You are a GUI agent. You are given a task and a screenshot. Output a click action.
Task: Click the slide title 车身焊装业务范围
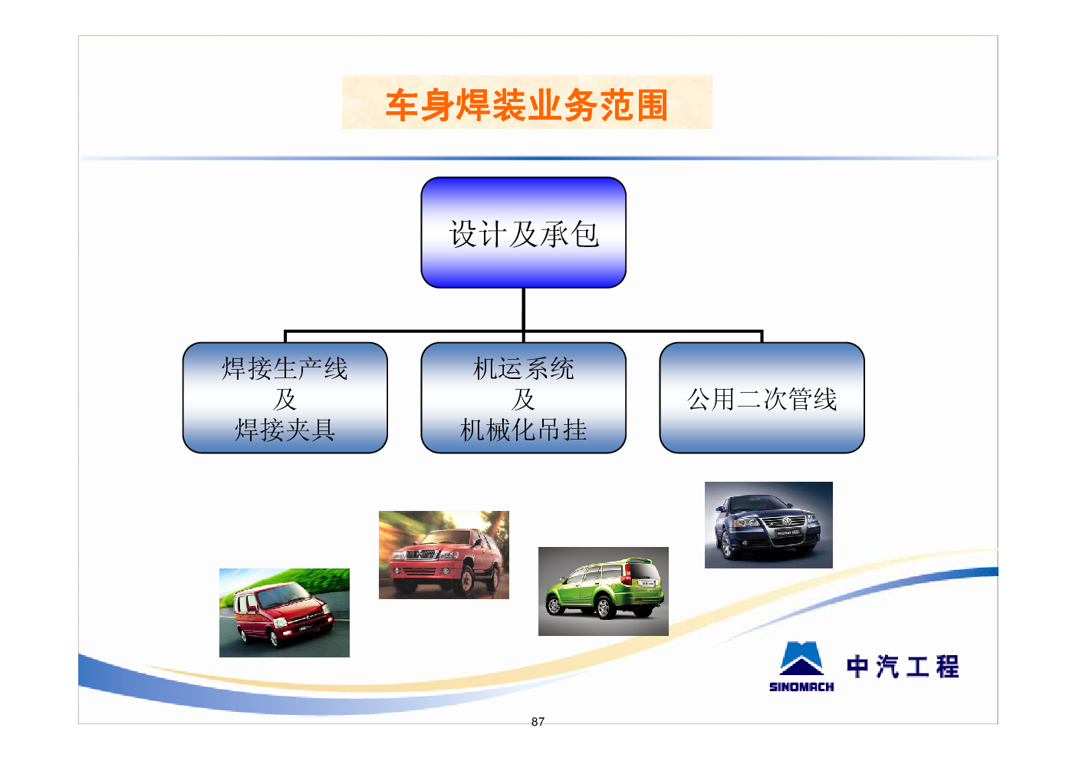point(526,104)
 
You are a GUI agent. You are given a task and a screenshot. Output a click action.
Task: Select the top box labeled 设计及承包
point(523,232)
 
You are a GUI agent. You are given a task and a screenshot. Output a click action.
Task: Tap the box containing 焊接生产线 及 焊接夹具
point(285,398)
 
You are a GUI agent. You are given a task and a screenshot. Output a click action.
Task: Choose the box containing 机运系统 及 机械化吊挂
point(523,398)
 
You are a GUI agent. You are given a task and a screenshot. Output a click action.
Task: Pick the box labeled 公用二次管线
point(762,398)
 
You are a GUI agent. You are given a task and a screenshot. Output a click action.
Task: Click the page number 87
point(538,722)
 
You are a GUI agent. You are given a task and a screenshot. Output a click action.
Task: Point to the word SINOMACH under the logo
point(801,687)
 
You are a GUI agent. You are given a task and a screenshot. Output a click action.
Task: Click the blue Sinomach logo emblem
point(801,659)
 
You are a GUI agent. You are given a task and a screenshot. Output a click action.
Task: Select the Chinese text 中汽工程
point(903,667)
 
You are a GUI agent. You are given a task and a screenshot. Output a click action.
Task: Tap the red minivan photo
point(285,612)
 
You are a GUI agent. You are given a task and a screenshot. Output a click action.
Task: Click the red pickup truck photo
point(444,555)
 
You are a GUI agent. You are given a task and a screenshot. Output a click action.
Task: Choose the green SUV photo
point(604,591)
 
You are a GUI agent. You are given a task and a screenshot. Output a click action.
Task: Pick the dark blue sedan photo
point(768,525)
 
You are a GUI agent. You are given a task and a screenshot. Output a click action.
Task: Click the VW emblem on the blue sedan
point(786,521)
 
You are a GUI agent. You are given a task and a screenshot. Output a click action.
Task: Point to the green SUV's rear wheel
point(604,608)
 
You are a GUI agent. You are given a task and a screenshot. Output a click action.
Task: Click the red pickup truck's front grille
point(421,555)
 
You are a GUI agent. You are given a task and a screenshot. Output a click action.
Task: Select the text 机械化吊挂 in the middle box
point(523,430)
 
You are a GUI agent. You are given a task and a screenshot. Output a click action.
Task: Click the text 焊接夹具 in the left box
point(285,430)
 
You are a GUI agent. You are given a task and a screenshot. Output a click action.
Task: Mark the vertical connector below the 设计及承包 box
point(523,309)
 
